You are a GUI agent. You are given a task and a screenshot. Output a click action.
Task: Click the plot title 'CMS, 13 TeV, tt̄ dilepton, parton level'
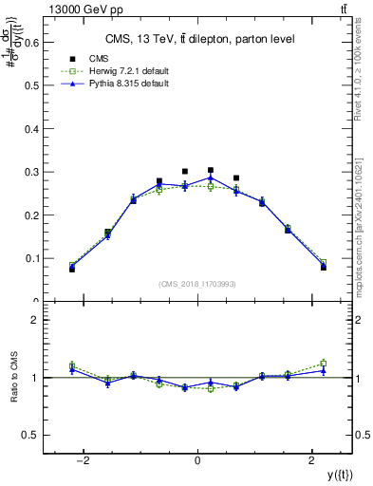[197, 39]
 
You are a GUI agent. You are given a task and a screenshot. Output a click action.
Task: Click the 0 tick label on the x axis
[197, 460]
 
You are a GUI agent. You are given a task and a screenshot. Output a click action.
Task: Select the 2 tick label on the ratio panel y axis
[35, 320]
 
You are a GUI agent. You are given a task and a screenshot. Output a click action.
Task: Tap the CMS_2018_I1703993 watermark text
[197, 284]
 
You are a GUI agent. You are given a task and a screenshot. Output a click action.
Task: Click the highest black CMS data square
[211, 170]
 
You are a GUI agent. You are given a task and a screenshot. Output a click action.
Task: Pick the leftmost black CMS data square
[72, 269]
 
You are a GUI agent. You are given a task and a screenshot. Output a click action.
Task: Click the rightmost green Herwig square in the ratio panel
[323, 363]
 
